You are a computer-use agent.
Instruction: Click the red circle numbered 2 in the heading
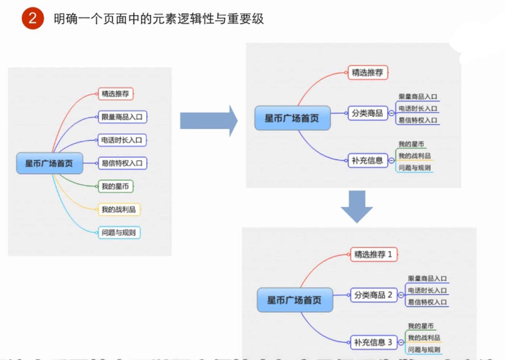point(32,18)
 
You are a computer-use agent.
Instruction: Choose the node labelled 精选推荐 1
point(373,254)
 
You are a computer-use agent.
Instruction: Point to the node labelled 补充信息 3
point(373,342)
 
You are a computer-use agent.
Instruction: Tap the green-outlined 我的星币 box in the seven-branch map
point(117,186)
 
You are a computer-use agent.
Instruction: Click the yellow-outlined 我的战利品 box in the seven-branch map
point(119,209)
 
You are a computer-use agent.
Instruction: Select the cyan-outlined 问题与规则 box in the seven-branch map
point(119,232)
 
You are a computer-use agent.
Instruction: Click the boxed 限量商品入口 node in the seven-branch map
point(123,117)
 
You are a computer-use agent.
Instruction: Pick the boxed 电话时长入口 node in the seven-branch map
point(123,140)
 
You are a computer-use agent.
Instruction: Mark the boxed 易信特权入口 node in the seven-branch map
point(123,163)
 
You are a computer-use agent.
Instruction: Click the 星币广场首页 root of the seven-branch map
point(49,163)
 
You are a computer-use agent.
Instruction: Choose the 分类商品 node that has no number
point(367,113)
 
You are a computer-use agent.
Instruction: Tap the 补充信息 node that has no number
point(367,160)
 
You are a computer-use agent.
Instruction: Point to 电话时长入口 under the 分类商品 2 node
point(427,290)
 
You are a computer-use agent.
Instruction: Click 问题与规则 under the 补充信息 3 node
point(424,349)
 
